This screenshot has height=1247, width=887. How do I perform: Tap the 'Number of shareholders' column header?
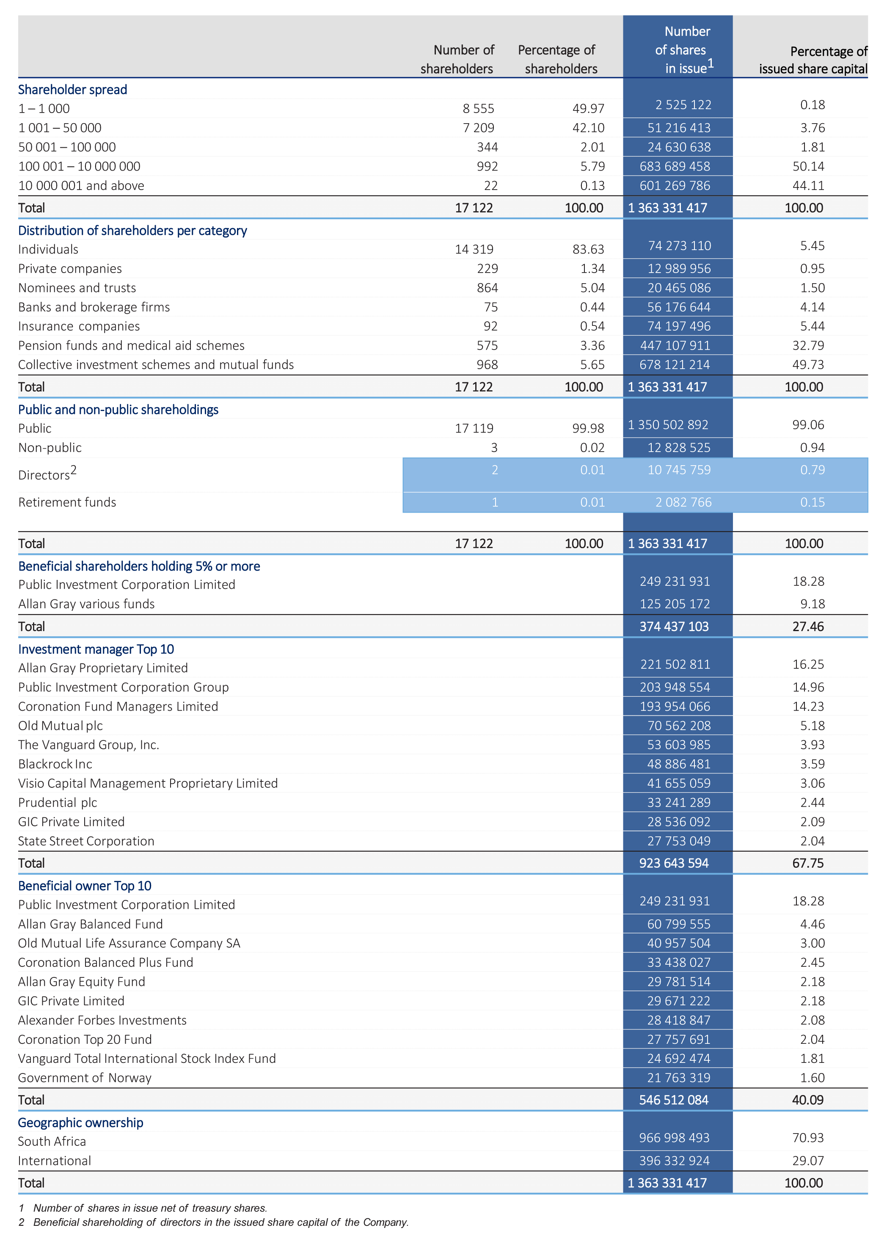(x=457, y=59)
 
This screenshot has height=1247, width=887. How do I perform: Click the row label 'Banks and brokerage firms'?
(x=94, y=307)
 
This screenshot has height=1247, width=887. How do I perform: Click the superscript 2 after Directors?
(x=74, y=470)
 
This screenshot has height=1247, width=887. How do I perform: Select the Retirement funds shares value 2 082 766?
(x=683, y=502)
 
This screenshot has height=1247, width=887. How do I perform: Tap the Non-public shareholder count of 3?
(x=494, y=447)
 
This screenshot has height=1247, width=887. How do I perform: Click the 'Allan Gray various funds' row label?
(x=86, y=604)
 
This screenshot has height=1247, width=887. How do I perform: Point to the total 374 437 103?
(x=674, y=626)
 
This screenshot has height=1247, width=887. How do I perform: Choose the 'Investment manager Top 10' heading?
(x=96, y=649)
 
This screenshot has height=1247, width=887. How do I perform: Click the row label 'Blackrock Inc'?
(x=55, y=764)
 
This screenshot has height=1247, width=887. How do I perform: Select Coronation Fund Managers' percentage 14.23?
(x=808, y=706)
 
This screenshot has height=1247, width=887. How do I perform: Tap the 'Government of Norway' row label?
(x=85, y=1078)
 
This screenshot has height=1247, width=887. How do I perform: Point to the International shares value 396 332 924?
(x=675, y=1160)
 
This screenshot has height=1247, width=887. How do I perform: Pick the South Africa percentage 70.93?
(x=808, y=1138)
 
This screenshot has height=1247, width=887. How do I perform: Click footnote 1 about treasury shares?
(x=143, y=1208)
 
